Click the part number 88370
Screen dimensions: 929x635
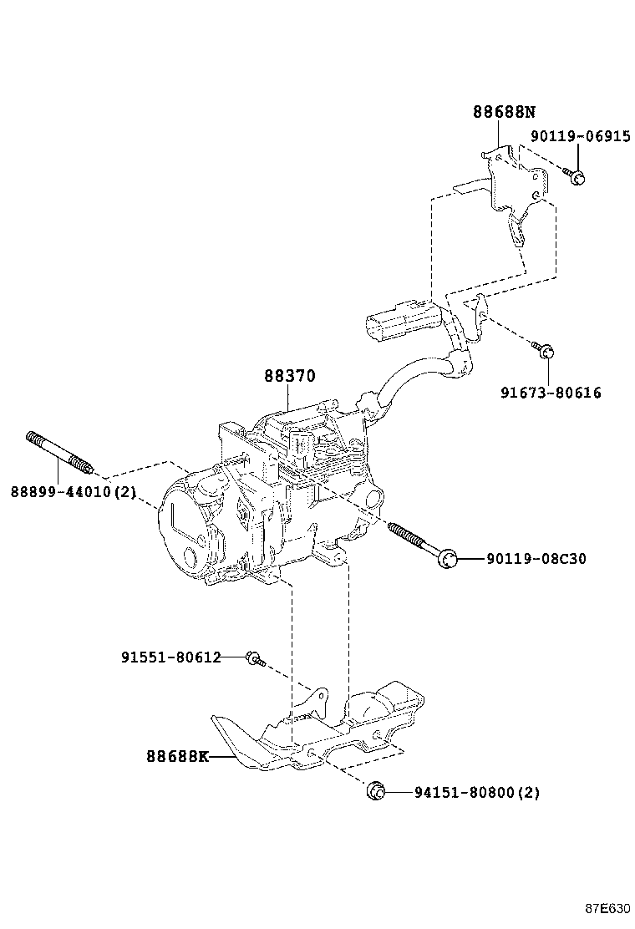290,377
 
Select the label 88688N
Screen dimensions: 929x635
503,111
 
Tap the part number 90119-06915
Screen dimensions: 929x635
580,137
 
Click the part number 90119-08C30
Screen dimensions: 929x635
536,558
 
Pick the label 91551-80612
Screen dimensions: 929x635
170,657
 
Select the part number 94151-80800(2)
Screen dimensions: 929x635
476,792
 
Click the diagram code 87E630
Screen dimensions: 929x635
607,909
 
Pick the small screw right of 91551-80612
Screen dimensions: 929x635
254,660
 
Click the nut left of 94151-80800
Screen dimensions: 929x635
375,790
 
